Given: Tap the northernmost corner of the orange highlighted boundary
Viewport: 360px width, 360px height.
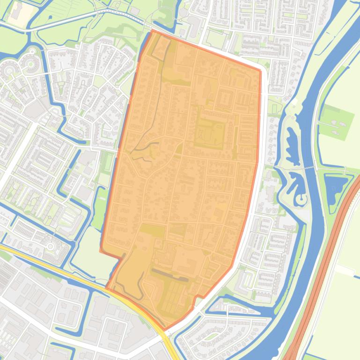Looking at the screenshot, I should click(x=153, y=30).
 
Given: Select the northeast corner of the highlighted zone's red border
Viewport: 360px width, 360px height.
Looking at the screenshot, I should click(x=260, y=71).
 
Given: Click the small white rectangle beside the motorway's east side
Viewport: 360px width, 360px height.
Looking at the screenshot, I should click(x=345, y=270).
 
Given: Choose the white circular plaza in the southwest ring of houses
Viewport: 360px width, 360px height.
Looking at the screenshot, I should click(x=50, y=244).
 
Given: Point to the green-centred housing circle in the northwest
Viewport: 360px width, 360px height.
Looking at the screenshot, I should click(x=31, y=63).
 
